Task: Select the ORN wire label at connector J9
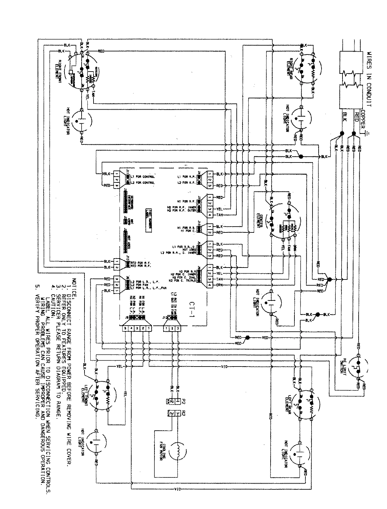(x=219, y=285)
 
